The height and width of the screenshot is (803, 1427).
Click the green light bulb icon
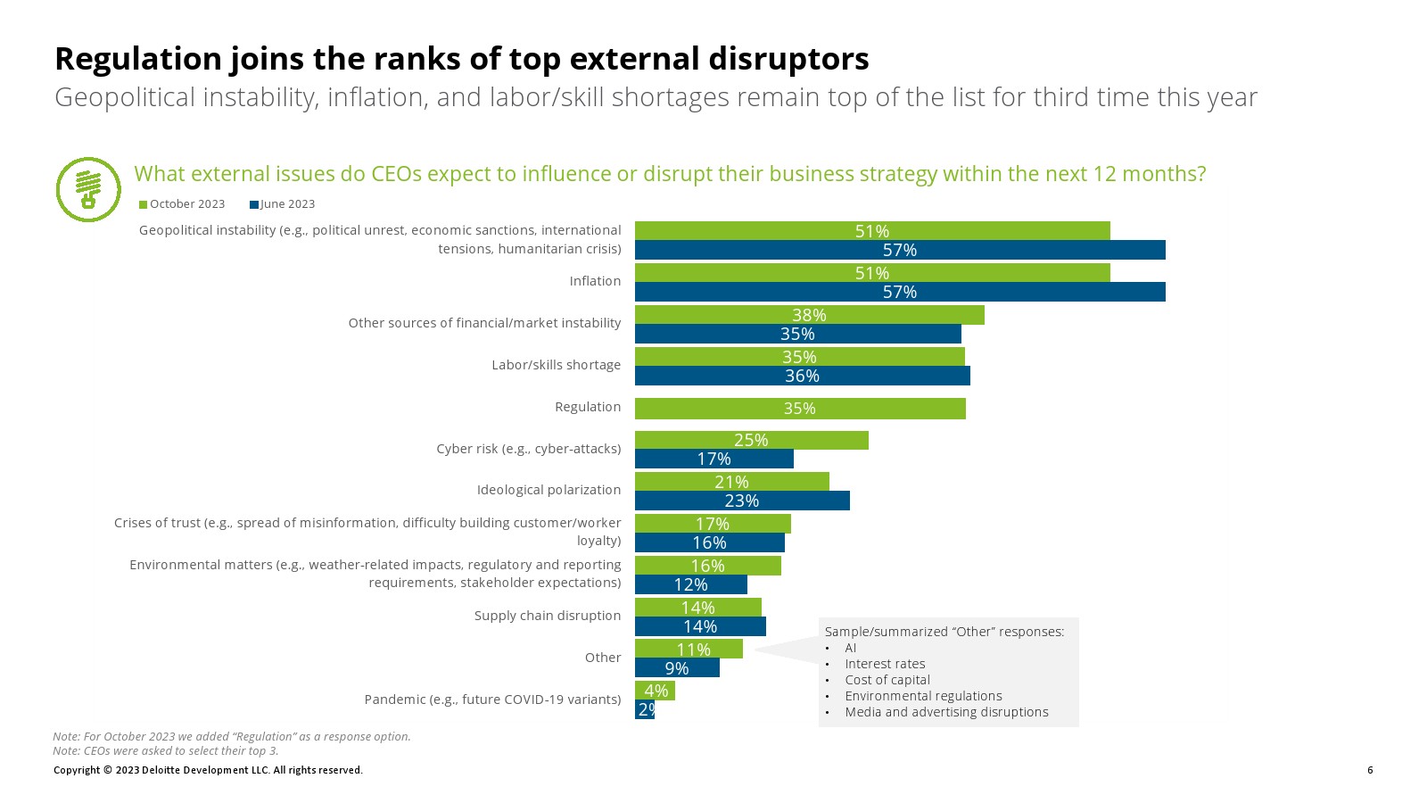tap(88, 189)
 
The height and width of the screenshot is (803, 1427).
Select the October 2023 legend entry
tap(182, 204)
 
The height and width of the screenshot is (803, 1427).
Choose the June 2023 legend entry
tap(283, 204)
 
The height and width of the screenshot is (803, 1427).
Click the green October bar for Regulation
tap(800, 409)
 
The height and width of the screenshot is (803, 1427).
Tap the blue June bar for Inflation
tap(900, 292)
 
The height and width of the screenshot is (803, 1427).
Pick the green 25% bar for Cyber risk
tap(751, 440)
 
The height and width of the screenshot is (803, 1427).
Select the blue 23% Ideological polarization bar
tap(742, 501)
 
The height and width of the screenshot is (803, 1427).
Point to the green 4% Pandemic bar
tap(655, 691)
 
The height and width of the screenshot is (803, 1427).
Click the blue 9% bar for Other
tap(677, 667)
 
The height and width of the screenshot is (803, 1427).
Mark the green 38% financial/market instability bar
tap(809, 315)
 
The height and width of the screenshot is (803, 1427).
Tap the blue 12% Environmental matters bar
tap(690, 584)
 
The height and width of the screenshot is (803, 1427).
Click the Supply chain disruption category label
tap(548, 616)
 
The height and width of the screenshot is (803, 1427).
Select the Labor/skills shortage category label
tap(556, 365)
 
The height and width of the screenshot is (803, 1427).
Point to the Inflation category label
tap(595, 281)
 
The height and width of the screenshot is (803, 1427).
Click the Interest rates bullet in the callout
tap(885, 664)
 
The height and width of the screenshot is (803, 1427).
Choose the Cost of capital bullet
tap(887, 680)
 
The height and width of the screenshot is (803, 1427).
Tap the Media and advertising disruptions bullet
tap(946, 712)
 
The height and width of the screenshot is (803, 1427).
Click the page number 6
tap(1370, 770)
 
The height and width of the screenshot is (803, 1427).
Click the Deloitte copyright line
tap(208, 770)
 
